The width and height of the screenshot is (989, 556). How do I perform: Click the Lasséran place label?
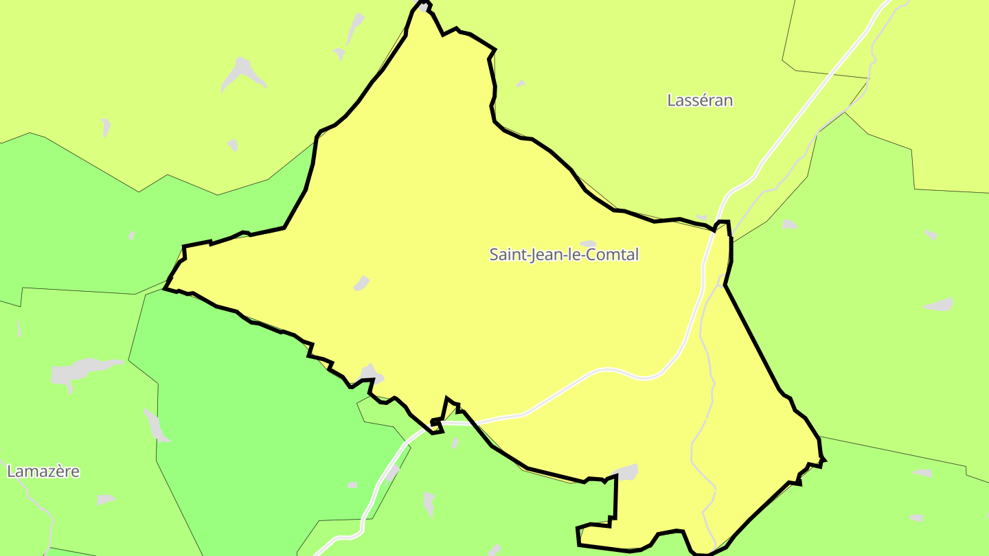point(700,100)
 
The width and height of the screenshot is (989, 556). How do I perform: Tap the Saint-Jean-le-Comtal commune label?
point(564,255)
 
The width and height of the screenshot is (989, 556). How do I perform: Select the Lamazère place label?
point(43,472)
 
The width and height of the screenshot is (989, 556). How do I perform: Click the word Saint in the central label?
point(505,255)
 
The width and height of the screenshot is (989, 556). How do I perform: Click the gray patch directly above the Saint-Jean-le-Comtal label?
point(588,244)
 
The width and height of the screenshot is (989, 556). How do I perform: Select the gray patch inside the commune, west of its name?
point(361,283)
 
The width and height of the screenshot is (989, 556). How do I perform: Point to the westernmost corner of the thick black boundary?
point(165,288)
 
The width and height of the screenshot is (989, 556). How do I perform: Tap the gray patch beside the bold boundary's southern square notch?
point(626,472)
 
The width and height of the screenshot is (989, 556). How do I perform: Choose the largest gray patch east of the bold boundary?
point(940,305)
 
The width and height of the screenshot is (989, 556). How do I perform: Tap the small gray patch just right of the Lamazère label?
point(105,500)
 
